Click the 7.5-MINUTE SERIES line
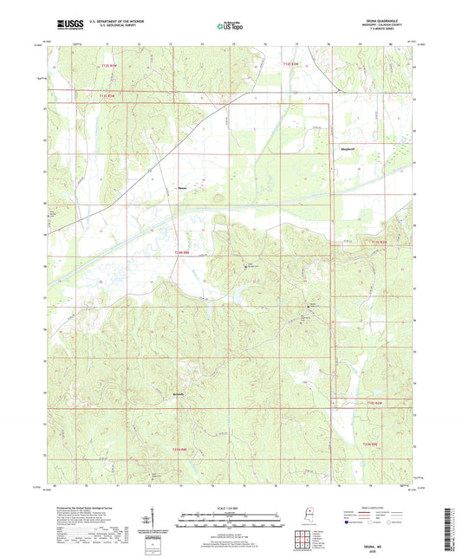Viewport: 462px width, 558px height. [x=386, y=34]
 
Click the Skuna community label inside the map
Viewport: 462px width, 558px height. [x=182, y=185]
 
